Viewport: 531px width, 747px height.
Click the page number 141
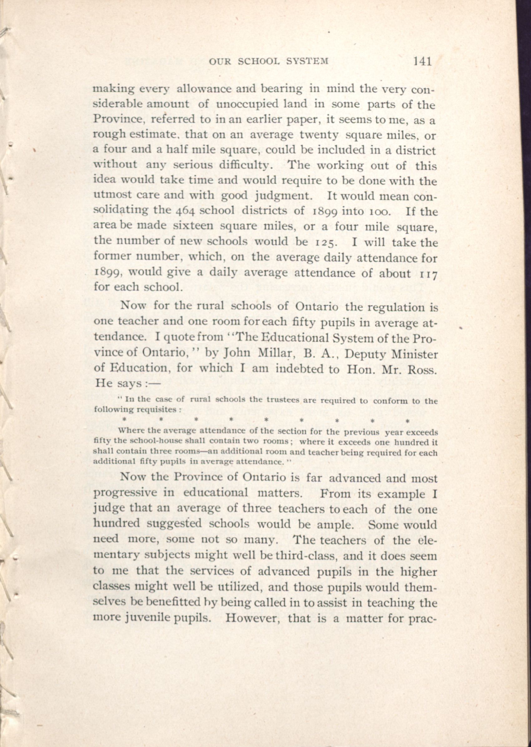click(422, 61)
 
